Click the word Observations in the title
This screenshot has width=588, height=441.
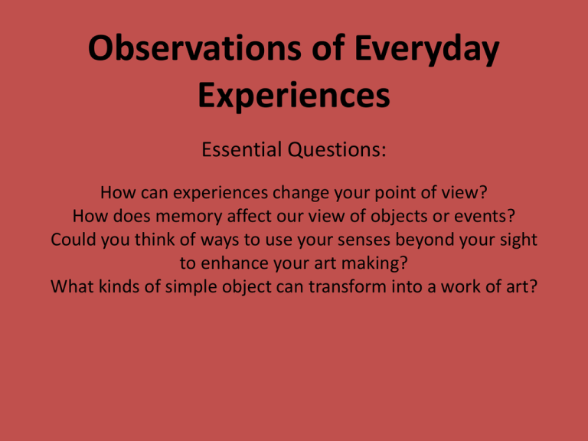coord(194,48)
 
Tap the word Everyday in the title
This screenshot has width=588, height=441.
coord(426,51)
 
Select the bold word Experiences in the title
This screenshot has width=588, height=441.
coord(294,96)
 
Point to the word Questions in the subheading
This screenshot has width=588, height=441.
coord(337,149)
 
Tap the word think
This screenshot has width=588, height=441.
coord(155,240)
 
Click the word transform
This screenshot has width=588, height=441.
coord(348,287)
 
